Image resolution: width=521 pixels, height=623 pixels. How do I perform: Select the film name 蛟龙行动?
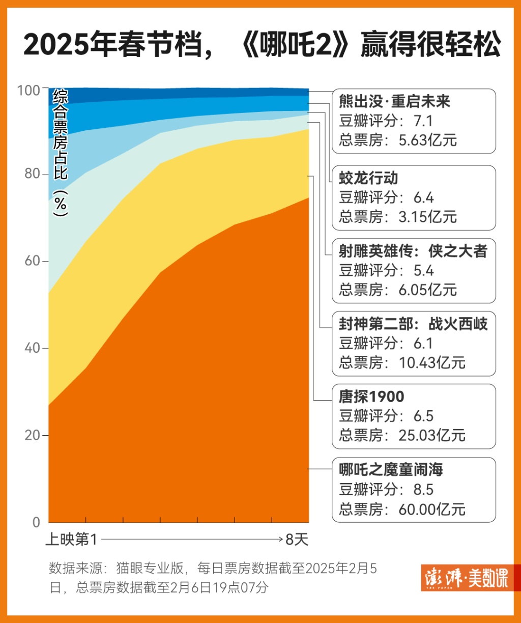point(369,178)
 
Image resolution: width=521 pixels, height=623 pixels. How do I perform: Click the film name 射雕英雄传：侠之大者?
point(413,251)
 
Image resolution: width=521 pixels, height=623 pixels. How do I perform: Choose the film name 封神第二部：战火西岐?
point(413,324)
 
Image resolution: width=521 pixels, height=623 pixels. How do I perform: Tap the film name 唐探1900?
point(371,397)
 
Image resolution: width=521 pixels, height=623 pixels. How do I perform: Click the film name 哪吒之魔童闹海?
point(391,469)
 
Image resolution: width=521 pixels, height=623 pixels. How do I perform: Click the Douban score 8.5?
point(423,489)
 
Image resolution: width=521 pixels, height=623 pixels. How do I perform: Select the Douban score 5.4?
point(423,271)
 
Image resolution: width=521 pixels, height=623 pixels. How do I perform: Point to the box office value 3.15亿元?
point(428,217)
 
